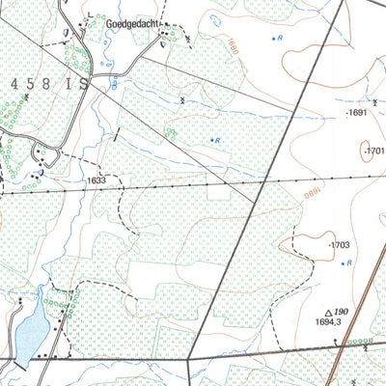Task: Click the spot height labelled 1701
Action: (374, 152)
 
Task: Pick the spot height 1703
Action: (340, 246)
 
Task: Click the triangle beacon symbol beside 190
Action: (329, 312)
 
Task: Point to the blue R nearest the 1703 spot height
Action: (348, 263)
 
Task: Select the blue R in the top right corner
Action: (280, 38)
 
